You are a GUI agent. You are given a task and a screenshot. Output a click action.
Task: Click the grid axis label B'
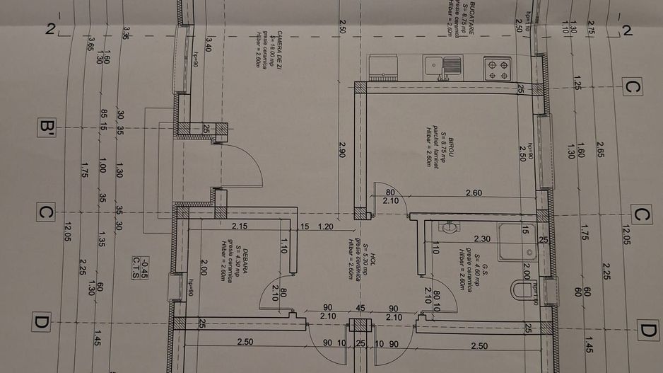pyautogui.click(x=48, y=127)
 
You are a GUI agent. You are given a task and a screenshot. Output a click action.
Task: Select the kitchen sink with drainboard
pyautogui.click(x=443, y=67)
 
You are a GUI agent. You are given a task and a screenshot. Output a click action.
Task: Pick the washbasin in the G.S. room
pyautogui.click(x=447, y=228)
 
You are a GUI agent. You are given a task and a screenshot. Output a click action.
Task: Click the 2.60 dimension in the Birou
pyautogui.click(x=474, y=193)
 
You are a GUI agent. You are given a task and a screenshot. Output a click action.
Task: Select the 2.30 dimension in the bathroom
pyautogui.click(x=482, y=239)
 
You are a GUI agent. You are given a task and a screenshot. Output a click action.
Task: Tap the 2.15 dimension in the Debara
pyautogui.click(x=240, y=226)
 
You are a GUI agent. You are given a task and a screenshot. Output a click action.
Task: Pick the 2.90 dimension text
pyautogui.click(x=342, y=149)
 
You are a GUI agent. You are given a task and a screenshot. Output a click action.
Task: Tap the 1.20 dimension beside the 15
pyautogui.click(x=326, y=226)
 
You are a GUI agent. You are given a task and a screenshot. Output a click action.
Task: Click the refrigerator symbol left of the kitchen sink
pyautogui.click(x=382, y=67)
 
